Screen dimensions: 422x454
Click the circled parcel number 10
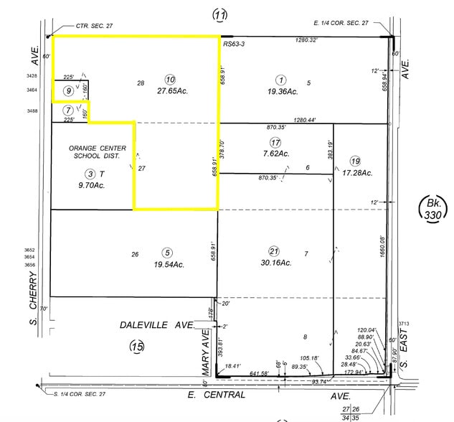point(170,79)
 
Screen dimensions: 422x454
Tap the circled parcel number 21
point(273,251)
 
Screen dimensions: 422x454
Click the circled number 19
point(355,160)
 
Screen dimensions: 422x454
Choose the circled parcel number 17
point(275,141)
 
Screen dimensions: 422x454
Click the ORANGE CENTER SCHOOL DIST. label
point(98,153)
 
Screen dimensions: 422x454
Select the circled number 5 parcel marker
point(167,252)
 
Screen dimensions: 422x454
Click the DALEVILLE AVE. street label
point(157,325)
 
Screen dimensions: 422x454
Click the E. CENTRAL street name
point(217,395)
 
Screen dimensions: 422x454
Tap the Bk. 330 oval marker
point(433,210)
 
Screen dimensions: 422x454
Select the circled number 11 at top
point(219,15)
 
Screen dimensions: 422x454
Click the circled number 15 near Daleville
point(137,347)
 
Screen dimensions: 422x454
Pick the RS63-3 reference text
point(235,44)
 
